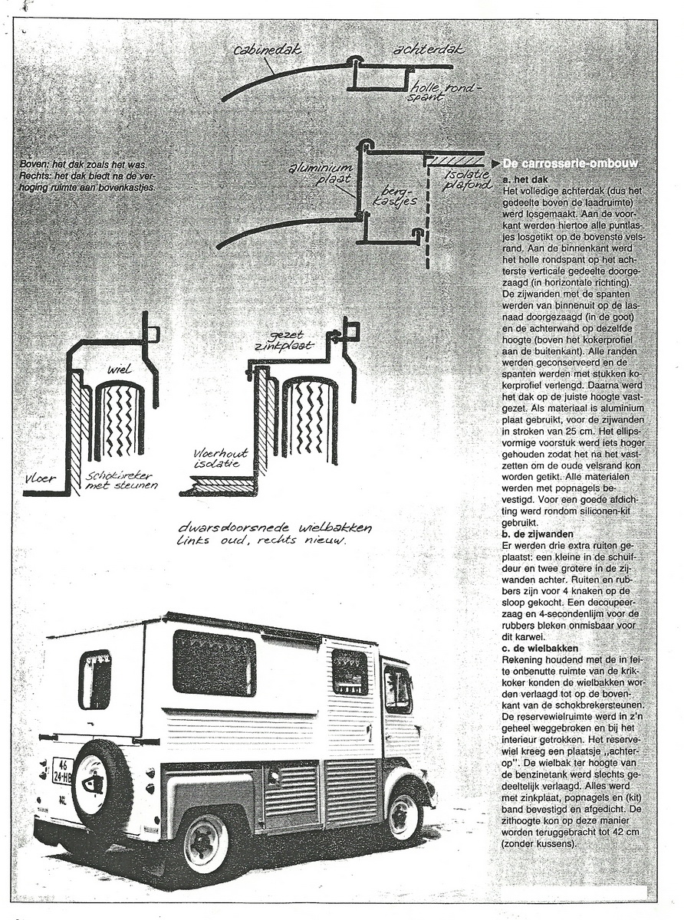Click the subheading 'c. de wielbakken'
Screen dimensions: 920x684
(x=544, y=648)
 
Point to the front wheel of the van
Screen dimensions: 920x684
(x=404, y=816)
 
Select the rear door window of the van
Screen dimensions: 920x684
(x=95, y=679)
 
